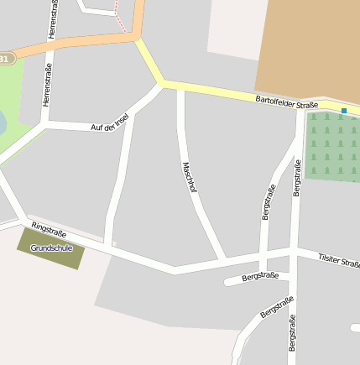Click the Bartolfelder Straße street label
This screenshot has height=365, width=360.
pyautogui.click(x=287, y=103)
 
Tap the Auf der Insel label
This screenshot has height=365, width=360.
pyautogui.click(x=109, y=122)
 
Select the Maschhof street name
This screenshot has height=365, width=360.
pyautogui.click(x=189, y=178)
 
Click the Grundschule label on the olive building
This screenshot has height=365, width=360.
pyautogui.click(x=50, y=248)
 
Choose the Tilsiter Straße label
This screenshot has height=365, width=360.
pyautogui.click(x=339, y=260)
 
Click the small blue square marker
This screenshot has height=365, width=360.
pyautogui.click(x=343, y=110)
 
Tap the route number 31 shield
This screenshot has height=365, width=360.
pyautogui.click(x=6, y=59)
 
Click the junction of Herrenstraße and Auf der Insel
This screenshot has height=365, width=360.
pyautogui.click(x=46, y=125)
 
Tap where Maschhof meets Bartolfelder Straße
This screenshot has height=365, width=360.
pyautogui.click(x=180, y=87)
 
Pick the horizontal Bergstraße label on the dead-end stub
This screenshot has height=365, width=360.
pyautogui.click(x=259, y=275)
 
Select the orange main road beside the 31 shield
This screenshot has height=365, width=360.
pyautogui.click(x=76, y=44)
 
